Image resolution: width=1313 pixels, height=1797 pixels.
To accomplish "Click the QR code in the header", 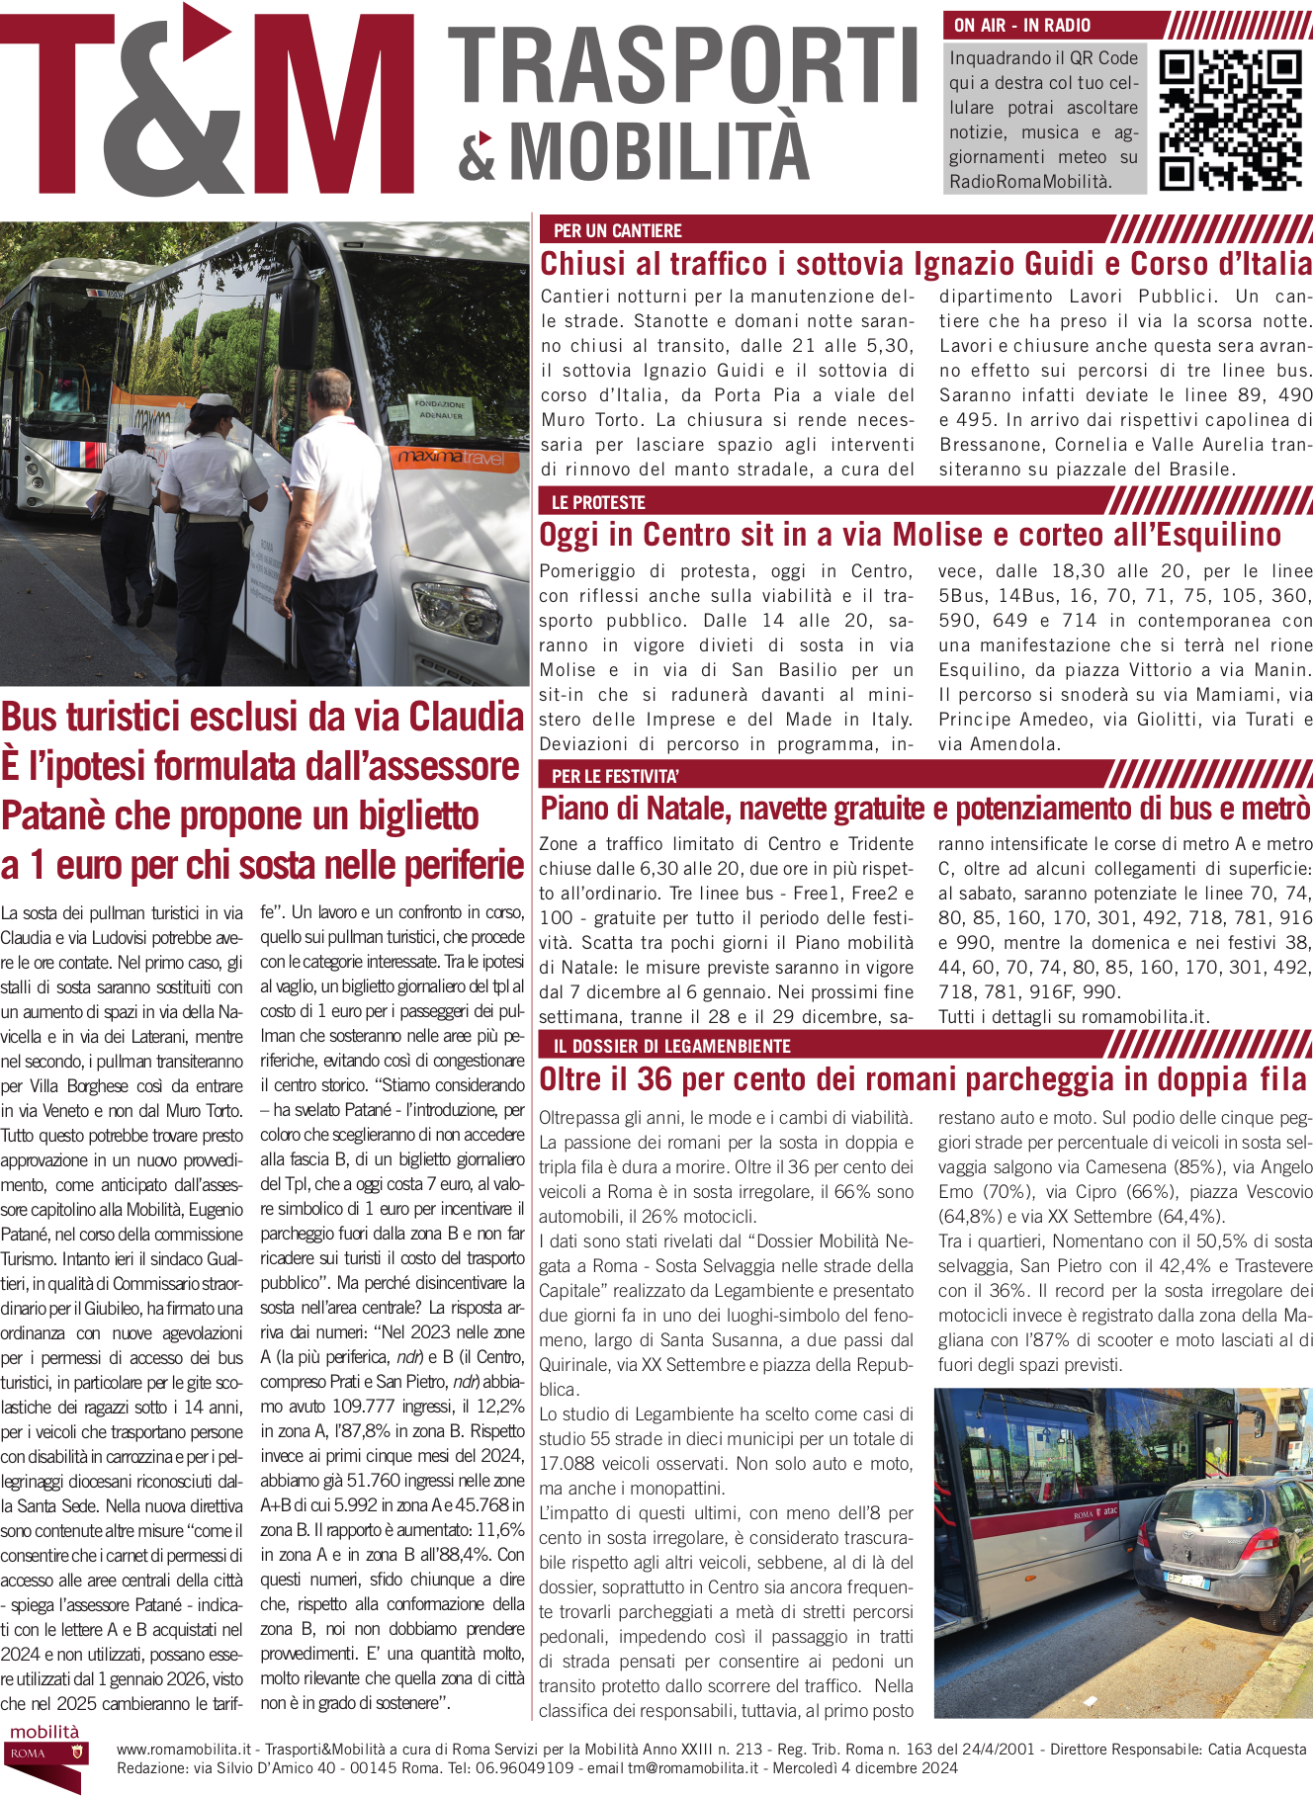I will coord(1229,120).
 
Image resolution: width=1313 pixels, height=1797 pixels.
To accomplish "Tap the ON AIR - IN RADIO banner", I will coord(1022,26).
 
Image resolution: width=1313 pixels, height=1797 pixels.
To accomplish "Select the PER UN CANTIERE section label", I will coord(618,230).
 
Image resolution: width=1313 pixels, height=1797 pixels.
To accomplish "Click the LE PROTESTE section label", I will coord(598,502).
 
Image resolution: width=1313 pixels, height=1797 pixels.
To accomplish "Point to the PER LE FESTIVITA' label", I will coord(615,776).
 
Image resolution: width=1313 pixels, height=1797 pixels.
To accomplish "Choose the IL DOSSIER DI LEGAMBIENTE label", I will coord(671,1046).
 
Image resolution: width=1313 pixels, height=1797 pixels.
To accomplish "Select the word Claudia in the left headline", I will coord(466,717).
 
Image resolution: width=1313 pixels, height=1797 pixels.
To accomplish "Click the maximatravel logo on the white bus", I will coord(451,458).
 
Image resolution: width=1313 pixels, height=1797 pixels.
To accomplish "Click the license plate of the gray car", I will coord(1185,1581).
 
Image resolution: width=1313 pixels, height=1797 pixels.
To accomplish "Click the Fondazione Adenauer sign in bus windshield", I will coord(440,409).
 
